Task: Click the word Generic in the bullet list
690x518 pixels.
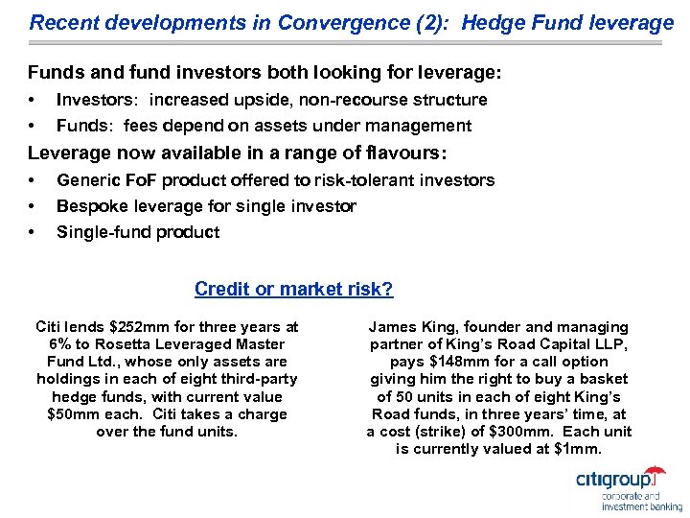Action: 86,180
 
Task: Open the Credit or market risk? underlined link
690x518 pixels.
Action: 293,289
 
